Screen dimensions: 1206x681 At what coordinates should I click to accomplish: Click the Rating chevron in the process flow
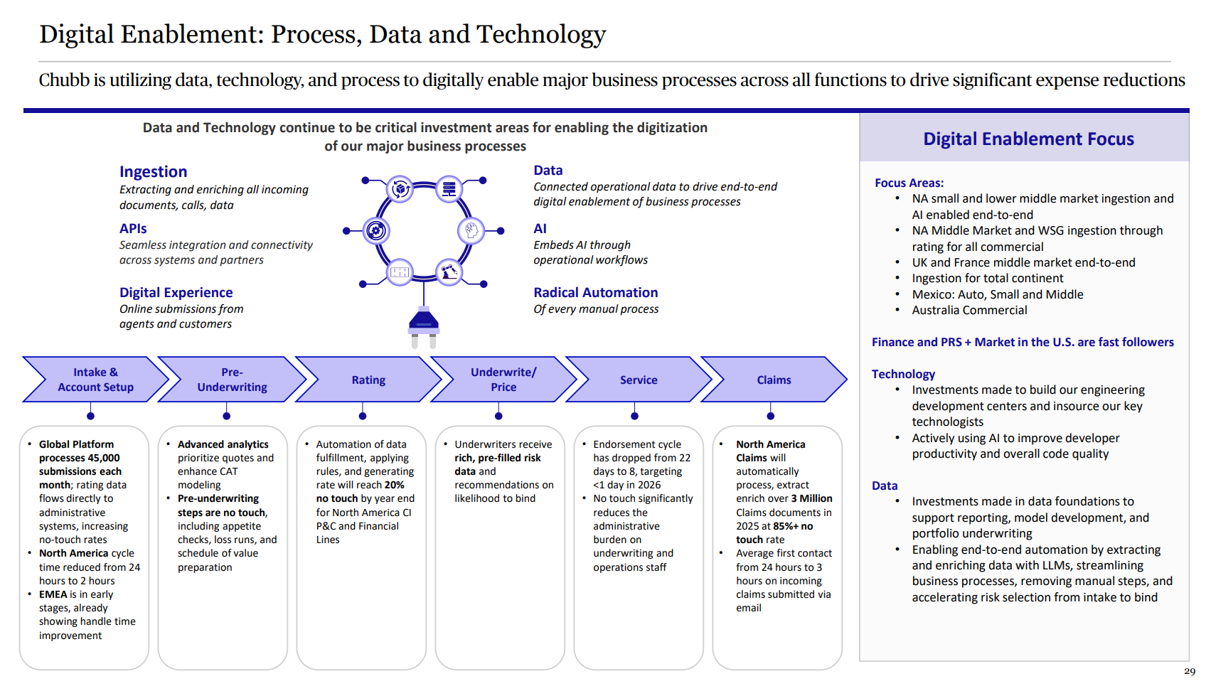(x=368, y=380)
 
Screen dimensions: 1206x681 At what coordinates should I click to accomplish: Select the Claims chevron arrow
(x=774, y=380)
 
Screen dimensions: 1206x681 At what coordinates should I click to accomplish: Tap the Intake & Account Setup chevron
(x=95, y=380)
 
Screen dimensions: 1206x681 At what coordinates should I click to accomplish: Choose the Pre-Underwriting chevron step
(x=232, y=380)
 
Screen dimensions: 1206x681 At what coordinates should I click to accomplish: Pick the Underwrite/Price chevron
(x=503, y=380)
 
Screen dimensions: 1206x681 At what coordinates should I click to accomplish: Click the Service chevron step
(x=639, y=380)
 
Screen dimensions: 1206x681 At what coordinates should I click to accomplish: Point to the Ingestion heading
(x=154, y=172)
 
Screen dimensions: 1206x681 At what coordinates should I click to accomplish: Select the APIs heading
(x=133, y=228)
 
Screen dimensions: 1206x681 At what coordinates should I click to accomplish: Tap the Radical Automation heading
(x=595, y=292)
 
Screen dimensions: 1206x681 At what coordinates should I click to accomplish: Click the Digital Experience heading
(x=176, y=292)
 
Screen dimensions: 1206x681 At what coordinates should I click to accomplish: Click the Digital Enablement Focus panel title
(x=1028, y=139)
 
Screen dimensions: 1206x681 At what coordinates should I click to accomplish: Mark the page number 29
(x=1190, y=671)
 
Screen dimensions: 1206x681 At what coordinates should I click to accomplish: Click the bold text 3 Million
(x=811, y=498)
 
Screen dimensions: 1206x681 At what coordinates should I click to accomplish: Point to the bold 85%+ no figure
(x=793, y=526)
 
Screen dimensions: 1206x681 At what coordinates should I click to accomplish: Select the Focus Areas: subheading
(x=909, y=183)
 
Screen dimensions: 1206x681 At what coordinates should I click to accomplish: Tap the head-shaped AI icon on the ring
(x=471, y=230)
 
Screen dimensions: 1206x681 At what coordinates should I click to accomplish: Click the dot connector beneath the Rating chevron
(x=363, y=416)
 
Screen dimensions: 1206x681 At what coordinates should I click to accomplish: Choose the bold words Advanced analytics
(x=223, y=444)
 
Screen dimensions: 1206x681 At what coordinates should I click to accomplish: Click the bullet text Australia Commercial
(x=969, y=310)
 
